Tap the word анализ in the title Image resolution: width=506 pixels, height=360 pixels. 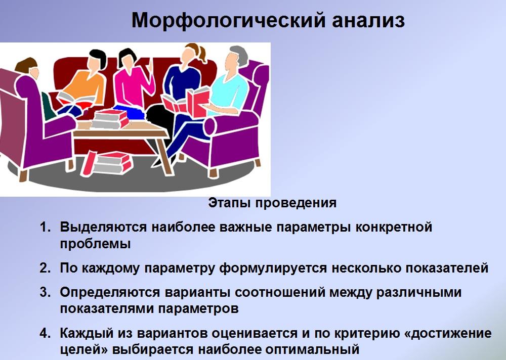368,21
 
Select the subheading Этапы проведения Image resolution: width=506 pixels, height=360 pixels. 272,203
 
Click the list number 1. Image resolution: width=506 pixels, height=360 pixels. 45,227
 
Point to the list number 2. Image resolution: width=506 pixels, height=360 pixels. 45,268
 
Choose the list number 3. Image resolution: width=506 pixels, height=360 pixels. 45,292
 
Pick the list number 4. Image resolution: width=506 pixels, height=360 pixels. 45,333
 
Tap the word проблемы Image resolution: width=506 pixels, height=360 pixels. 96,244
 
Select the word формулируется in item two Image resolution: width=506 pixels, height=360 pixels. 273,268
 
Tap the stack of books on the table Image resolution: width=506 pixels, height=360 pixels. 109,119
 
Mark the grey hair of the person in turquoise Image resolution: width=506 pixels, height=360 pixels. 238,53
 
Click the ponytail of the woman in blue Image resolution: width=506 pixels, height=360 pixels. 202,54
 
